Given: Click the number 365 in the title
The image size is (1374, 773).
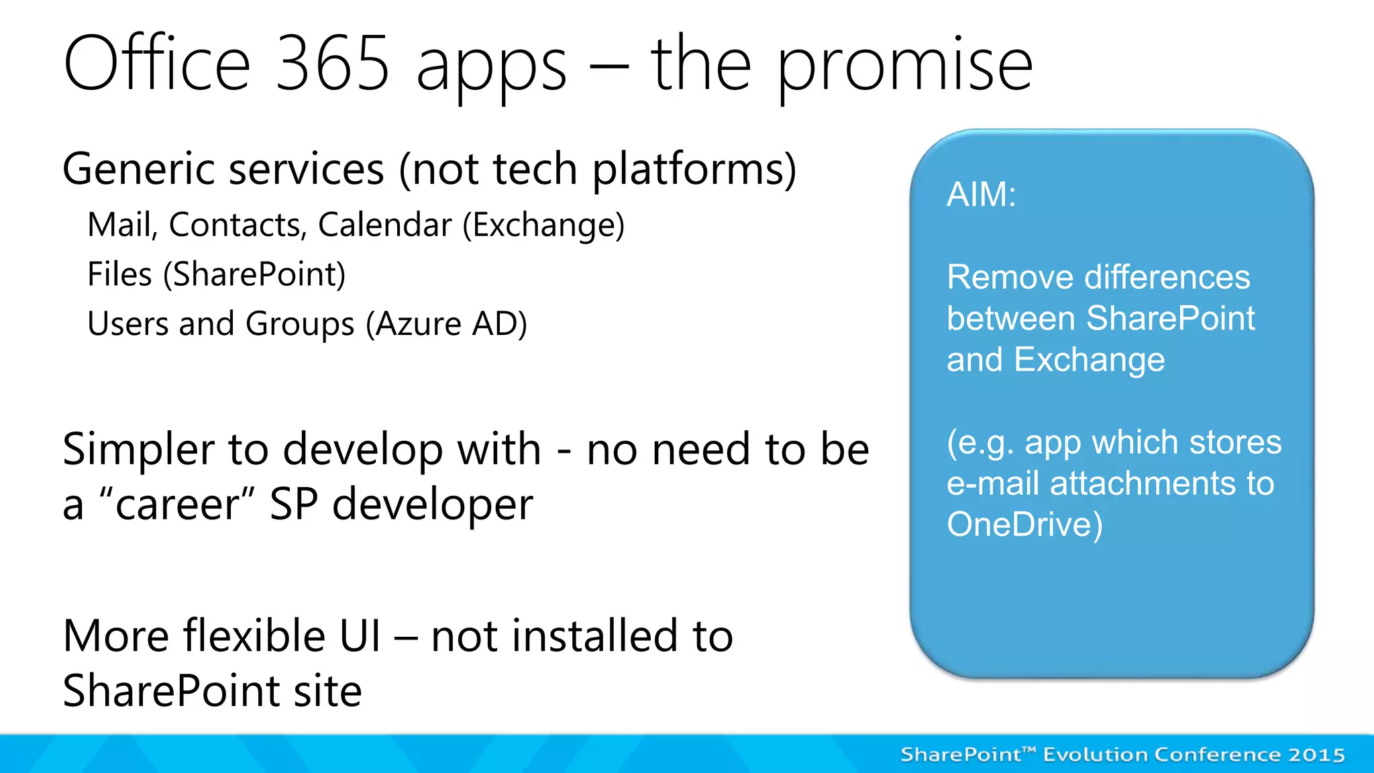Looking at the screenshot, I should [332, 64].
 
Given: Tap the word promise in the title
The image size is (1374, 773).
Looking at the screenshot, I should [904, 67].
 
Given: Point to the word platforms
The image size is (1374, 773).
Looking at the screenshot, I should [694, 169].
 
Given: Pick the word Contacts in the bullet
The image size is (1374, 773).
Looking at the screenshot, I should [237, 225].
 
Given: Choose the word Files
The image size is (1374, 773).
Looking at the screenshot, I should [120, 274].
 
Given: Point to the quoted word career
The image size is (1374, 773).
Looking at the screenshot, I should [177, 505].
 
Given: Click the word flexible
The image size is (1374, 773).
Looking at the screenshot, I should [254, 635].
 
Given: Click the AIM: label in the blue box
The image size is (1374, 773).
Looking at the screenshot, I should [981, 195].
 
